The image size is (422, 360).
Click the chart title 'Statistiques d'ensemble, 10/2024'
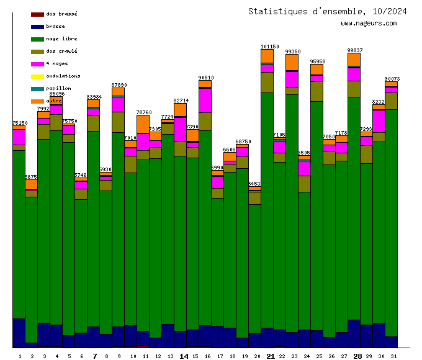pos(328,11)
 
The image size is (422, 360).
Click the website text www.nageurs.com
pos(369,24)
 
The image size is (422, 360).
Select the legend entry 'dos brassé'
pos(61,14)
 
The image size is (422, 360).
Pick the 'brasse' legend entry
pos(55,26)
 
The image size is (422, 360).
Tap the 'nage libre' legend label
pos(61,38)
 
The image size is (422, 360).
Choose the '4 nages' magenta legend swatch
pos(37,64)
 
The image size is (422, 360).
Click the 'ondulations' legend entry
pos(63,76)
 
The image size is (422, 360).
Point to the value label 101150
pos(270,47)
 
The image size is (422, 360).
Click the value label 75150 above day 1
pos(20,123)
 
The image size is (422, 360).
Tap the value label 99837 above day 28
pos(355,50)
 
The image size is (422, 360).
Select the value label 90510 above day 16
pos(206,78)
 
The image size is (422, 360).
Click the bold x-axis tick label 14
pos(184,356)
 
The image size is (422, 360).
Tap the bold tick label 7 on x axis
pos(94,356)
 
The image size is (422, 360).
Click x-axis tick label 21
pos(271,356)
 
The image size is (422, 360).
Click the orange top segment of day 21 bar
pos(267,56)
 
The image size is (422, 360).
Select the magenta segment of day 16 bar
pos(205,100)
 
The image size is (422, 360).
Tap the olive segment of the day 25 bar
pos(317,91)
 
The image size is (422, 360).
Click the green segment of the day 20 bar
pos(255,267)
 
